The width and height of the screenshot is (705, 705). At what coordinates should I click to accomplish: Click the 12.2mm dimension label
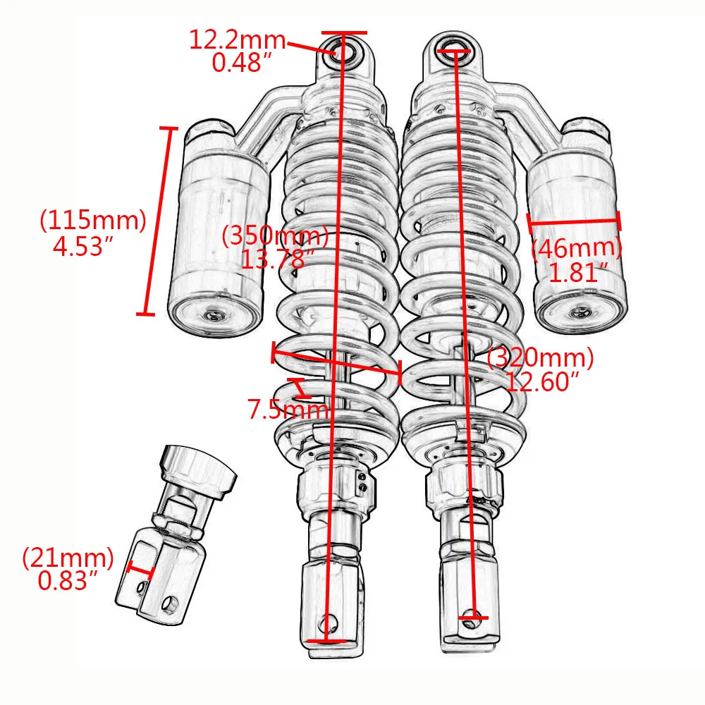pyautogui.click(x=237, y=40)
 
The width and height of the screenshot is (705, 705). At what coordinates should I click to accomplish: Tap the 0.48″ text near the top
pyautogui.click(x=243, y=63)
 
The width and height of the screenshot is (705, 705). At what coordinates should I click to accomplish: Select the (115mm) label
pyautogui.click(x=92, y=221)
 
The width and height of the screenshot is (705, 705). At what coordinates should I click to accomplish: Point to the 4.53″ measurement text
pyautogui.click(x=83, y=246)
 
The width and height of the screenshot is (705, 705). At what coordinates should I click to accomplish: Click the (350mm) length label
pyautogui.click(x=275, y=236)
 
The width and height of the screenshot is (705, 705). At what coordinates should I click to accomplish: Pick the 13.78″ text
pyautogui.click(x=274, y=259)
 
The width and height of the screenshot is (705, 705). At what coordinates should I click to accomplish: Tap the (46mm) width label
pyautogui.click(x=576, y=248)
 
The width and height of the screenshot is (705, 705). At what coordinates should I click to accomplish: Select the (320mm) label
pyautogui.click(x=541, y=359)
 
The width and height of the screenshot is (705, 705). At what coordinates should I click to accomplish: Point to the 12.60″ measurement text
pyautogui.click(x=541, y=382)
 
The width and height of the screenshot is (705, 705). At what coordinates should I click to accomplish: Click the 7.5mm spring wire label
pyautogui.click(x=288, y=410)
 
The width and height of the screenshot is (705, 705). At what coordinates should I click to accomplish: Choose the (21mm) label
pyautogui.click(x=68, y=558)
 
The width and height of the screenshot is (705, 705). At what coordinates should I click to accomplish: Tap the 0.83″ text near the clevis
pyautogui.click(x=68, y=581)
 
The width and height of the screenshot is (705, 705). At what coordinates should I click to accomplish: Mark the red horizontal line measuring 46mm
pyautogui.click(x=575, y=222)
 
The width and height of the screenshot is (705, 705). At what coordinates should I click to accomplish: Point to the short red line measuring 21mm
pyautogui.click(x=141, y=570)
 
